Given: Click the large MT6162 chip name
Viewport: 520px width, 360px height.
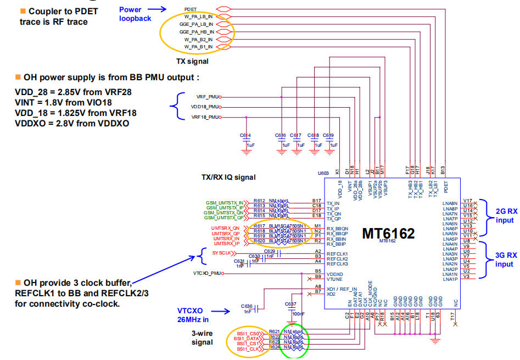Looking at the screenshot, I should click(388, 232).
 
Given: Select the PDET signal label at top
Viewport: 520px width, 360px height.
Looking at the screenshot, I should click(191, 9).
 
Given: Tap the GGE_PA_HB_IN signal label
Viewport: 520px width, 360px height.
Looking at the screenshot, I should click(196, 32).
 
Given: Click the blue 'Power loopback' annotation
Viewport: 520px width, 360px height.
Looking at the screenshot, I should click(135, 13).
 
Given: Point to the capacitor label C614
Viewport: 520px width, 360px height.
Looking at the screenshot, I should click(245, 135).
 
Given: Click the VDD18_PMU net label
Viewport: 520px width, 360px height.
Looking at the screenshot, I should click(205, 107).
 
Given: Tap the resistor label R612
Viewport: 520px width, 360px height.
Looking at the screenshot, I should click(259, 201).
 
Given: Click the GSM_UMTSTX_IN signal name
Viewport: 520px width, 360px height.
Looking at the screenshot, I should click(224, 202).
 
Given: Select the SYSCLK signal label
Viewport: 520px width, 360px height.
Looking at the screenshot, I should click(222, 253).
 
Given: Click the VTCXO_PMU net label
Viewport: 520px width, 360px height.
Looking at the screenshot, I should click(207, 273).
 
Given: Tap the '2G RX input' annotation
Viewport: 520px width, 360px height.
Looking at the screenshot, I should click(504, 215).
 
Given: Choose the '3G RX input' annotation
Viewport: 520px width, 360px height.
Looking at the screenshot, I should click(504, 259).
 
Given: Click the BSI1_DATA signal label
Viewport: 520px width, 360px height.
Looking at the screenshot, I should click(246, 339).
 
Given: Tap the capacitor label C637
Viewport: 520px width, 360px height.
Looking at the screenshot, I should click(290, 303).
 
